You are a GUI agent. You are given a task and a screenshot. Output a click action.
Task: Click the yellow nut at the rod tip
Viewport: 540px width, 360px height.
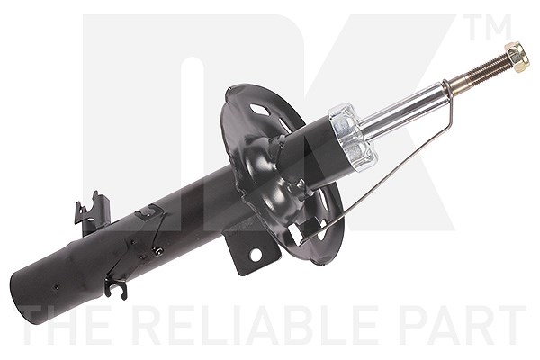click(517, 58)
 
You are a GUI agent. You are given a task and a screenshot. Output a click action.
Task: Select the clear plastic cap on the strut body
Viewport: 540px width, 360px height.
click(353, 137)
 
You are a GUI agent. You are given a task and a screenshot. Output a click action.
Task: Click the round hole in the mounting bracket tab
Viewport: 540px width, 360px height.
click(256, 256)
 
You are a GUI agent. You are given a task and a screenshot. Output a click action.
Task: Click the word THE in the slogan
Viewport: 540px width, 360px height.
click(62, 326)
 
